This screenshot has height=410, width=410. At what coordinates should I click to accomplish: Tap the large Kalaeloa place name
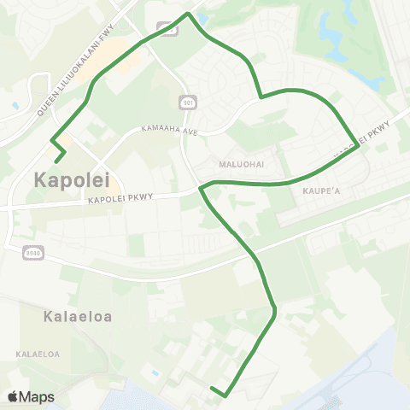(77, 316)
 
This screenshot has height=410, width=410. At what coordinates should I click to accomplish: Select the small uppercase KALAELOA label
(38, 353)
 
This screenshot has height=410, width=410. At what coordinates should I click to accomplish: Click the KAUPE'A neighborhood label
(322, 191)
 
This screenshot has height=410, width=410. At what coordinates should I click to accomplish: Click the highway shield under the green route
(168, 28)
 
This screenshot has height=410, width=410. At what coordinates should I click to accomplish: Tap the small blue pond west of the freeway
(15, 105)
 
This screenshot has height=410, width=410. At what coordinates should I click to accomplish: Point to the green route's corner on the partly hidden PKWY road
(357, 144)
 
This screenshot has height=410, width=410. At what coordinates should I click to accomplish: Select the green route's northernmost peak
(188, 13)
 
